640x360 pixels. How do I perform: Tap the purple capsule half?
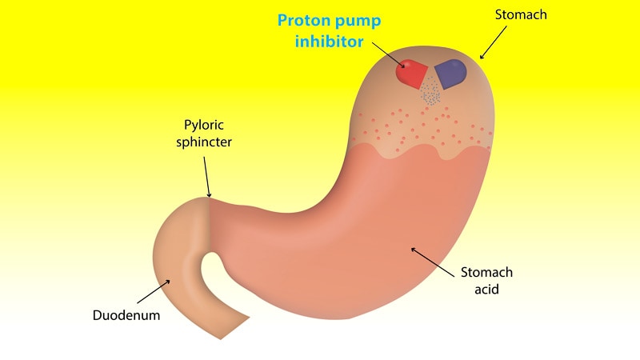450,72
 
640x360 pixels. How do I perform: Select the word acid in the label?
486,289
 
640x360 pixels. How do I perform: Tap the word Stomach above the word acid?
486,273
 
